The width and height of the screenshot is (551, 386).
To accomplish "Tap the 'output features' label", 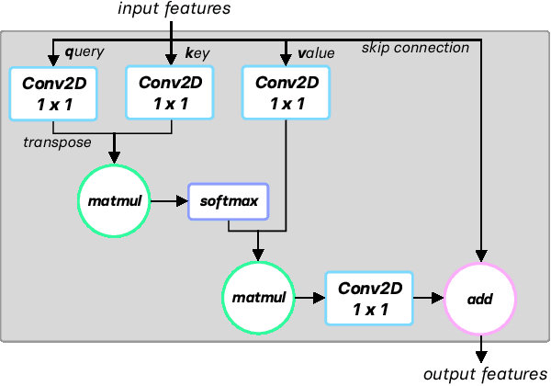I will (x=484, y=374).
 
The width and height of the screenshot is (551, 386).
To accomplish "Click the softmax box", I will (x=228, y=199).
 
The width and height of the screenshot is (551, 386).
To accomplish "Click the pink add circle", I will (x=480, y=298).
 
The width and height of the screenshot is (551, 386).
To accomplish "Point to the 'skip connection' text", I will (x=415, y=47).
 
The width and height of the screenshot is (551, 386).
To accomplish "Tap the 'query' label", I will (x=79, y=53).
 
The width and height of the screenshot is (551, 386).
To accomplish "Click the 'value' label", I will (x=316, y=53).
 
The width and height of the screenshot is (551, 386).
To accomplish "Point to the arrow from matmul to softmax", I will (x=170, y=199).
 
